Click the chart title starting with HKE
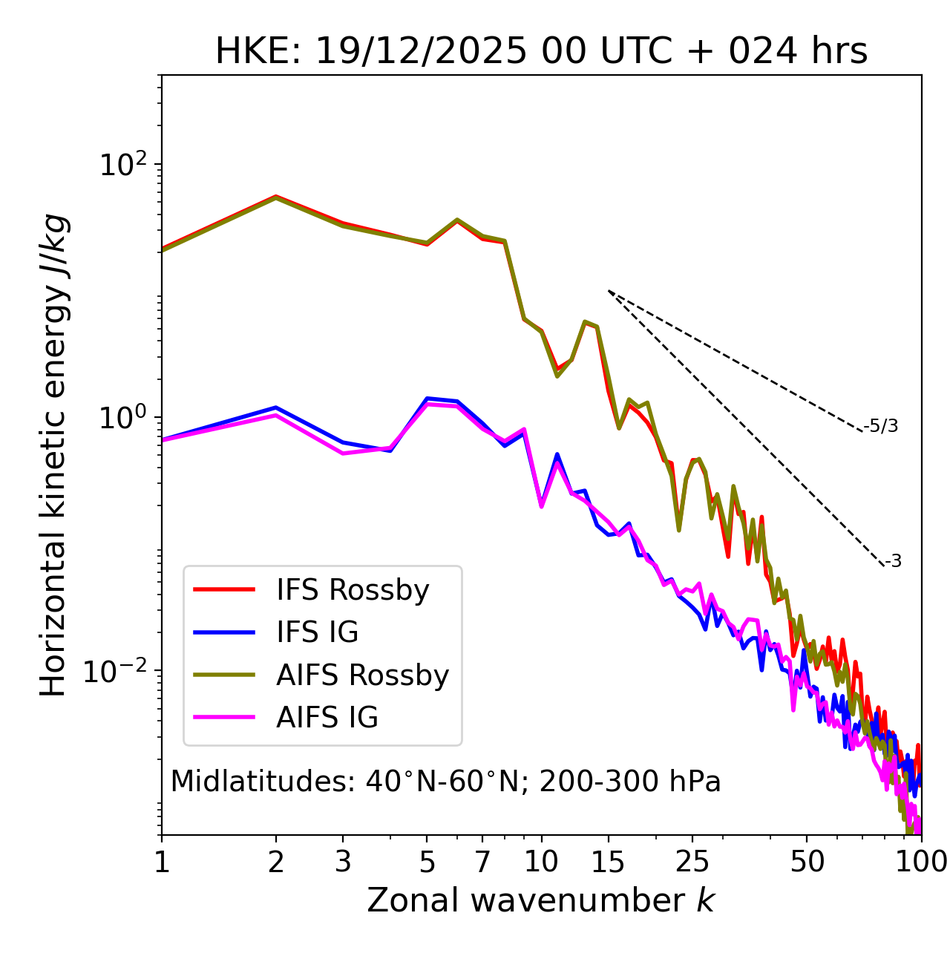click(541, 52)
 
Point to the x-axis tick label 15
click(609, 861)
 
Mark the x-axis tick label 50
click(807, 861)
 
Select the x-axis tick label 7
click(482, 861)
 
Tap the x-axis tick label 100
click(921, 861)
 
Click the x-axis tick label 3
click(343, 861)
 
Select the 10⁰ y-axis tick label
click(122, 417)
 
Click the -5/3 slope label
click(881, 426)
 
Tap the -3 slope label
click(894, 562)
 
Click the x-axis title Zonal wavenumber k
click(541, 900)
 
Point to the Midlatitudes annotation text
click(445, 782)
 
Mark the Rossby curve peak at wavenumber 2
click(276, 197)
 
